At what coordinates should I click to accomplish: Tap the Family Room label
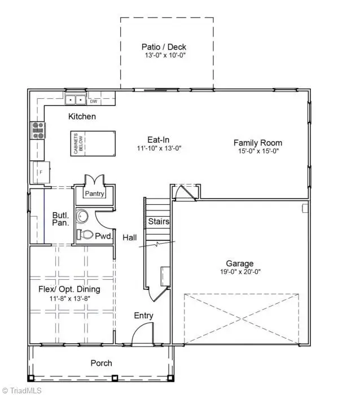coord(257,143)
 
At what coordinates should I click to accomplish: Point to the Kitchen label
coord(82,117)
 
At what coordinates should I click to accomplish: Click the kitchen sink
coord(75,100)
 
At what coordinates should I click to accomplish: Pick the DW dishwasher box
coord(94,102)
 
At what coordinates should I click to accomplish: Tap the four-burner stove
coord(38,130)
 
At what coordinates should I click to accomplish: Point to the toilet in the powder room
coord(85,234)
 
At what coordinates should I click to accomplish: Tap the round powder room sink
coord(84,217)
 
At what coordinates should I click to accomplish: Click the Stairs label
coord(159,222)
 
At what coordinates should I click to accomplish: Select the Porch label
coord(102,363)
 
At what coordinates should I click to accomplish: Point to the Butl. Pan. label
coord(60,218)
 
